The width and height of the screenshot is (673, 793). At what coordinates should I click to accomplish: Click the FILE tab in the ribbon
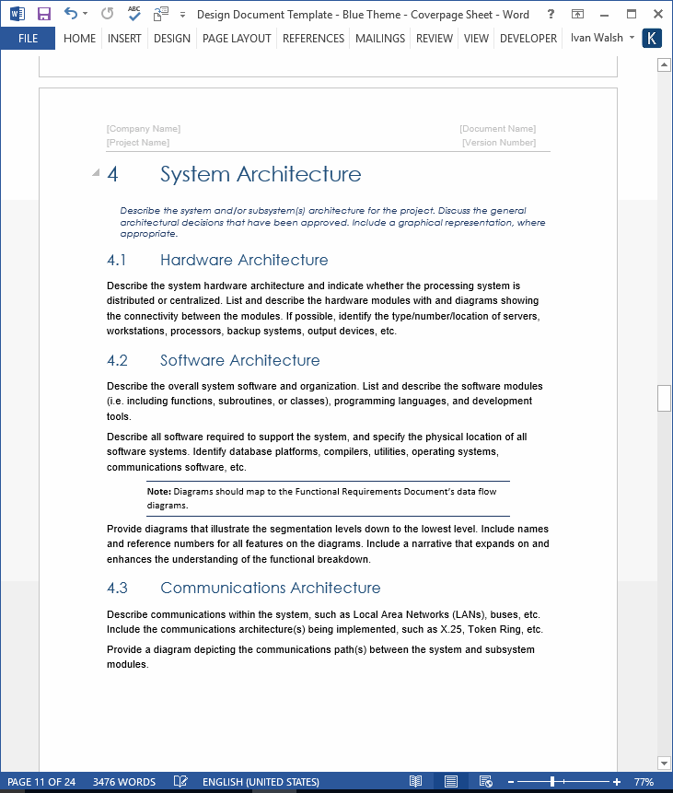(x=28, y=39)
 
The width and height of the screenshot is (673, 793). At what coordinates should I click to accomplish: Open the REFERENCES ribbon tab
(x=313, y=39)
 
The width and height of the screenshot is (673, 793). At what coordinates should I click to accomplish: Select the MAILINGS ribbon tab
(x=379, y=39)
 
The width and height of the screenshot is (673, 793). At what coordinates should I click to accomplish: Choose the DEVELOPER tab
(x=528, y=39)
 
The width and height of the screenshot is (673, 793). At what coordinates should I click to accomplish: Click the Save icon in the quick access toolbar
(x=43, y=14)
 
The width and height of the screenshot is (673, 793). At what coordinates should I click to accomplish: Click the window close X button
(x=656, y=14)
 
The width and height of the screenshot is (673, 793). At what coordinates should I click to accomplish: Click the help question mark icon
(x=550, y=14)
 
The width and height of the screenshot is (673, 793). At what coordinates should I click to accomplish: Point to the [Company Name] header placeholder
(x=144, y=129)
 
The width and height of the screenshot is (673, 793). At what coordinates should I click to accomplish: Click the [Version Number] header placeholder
(x=499, y=143)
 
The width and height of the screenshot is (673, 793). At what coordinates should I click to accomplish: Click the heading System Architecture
(x=261, y=174)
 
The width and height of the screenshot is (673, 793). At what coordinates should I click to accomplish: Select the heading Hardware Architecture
(x=244, y=260)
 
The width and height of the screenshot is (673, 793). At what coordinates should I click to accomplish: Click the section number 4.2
(x=117, y=360)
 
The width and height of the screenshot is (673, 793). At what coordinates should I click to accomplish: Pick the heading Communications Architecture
(x=270, y=588)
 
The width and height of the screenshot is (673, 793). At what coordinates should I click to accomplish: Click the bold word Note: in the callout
(x=158, y=492)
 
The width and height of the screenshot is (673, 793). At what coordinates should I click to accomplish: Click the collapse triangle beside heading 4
(x=96, y=173)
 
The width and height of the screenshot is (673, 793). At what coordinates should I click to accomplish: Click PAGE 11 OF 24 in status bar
(x=41, y=782)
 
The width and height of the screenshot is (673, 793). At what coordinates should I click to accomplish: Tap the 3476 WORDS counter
(x=124, y=782)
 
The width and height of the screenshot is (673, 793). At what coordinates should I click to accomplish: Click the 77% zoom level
(x=644, y=782)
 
